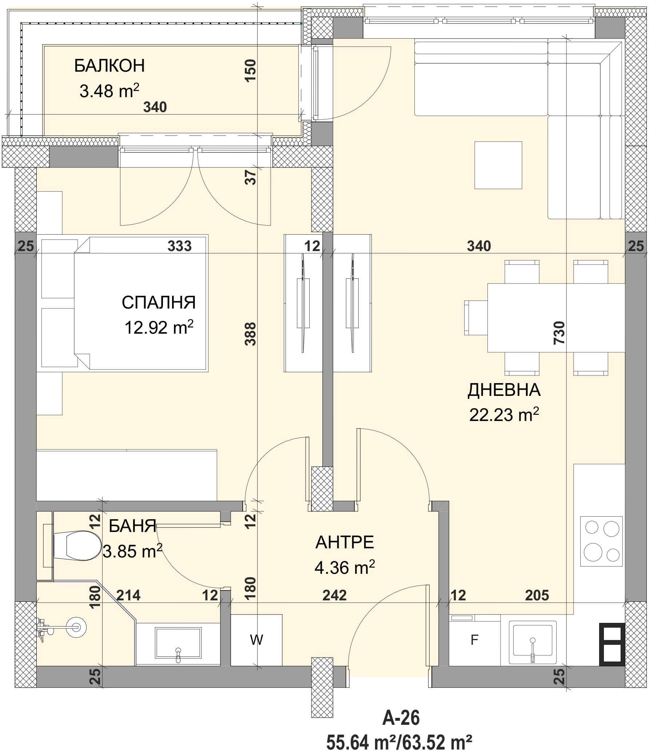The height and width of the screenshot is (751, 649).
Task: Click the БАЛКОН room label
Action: (x=110, y=66)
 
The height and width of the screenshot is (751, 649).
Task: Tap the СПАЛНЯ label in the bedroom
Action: (x=159, y=302)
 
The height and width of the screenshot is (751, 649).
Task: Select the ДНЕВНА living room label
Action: (x=504, y=390)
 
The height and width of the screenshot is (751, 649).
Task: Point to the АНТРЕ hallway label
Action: (x=345, y=543)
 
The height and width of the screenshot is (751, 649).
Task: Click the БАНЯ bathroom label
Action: (x=132, y=526)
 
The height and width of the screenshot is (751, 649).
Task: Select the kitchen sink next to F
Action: (x=533, y=643)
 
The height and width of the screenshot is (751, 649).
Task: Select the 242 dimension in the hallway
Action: (x=334, y=595)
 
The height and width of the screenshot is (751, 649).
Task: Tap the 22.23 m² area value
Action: (x=504, y=414)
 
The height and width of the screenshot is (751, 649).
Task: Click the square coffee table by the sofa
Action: (x=498, y=165)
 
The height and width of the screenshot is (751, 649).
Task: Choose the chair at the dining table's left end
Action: (x=476, y=318)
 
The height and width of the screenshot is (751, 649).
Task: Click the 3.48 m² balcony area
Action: (x=110, y=91)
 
